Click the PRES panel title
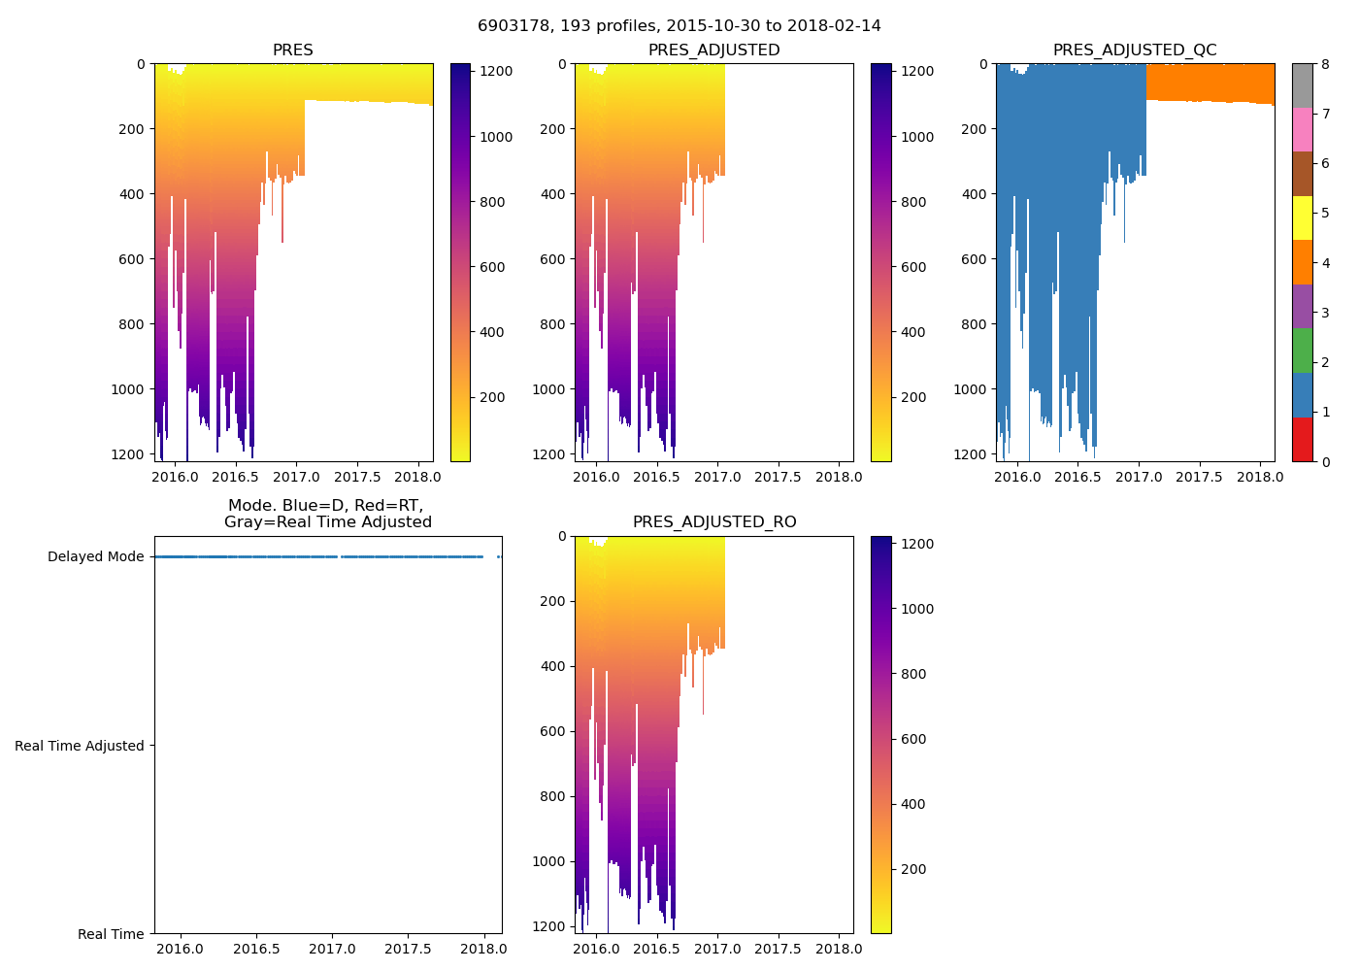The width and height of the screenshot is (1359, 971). click(292, 50)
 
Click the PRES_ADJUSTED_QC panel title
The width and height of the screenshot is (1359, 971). click(1135, 50)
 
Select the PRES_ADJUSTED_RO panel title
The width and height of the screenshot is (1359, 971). click(714, 522)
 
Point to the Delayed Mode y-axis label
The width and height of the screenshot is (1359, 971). click(95, 557)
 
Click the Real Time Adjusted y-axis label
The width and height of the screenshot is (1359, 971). click(80, 746)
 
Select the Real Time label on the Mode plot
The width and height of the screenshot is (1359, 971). click(111, 934)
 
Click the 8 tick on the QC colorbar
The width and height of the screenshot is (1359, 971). click(1325, 64)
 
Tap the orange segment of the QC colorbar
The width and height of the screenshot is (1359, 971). click(1302, 262)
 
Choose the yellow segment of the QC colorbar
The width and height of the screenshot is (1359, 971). click(1302, 218)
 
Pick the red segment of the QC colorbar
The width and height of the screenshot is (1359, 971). click(1302, 439)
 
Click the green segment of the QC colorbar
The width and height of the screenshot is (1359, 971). click(1302, 351)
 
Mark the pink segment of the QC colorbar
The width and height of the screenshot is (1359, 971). click(1302, 129)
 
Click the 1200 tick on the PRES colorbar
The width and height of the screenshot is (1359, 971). click(496, 72)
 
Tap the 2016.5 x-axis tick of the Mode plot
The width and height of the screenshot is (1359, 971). click(256, 949)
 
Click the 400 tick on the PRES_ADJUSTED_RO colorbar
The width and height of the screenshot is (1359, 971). click(914, 804)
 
